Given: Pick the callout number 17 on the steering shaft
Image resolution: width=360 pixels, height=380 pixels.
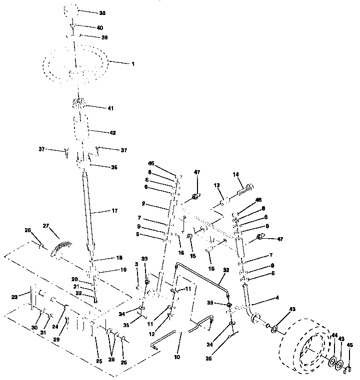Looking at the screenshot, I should (114, 211).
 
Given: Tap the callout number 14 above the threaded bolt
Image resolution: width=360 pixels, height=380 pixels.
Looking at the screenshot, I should (236, 174).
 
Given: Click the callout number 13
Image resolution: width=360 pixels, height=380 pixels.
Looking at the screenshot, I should (217, 185).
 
